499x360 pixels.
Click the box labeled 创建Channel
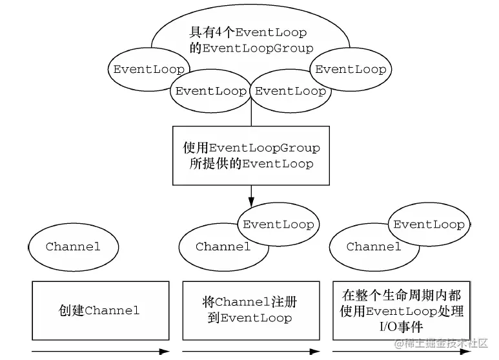[100, 310]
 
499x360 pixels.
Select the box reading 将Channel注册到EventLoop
[250, 310]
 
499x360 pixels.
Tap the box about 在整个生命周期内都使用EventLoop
[402, 310]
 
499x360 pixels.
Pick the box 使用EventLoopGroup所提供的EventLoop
[251, 155]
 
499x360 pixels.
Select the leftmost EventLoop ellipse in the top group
[149, 70]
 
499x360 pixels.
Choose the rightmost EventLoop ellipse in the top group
[351, 69]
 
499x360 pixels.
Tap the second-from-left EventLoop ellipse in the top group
[210, 91]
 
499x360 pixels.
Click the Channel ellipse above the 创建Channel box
[74, 246]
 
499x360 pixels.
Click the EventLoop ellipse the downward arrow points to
[278, 225]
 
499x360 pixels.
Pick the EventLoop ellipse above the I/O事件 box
[429, 225]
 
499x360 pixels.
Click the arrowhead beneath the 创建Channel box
[165, 352]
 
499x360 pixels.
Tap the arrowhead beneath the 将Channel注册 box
[315, 352]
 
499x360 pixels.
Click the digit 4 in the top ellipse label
[218, 32]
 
